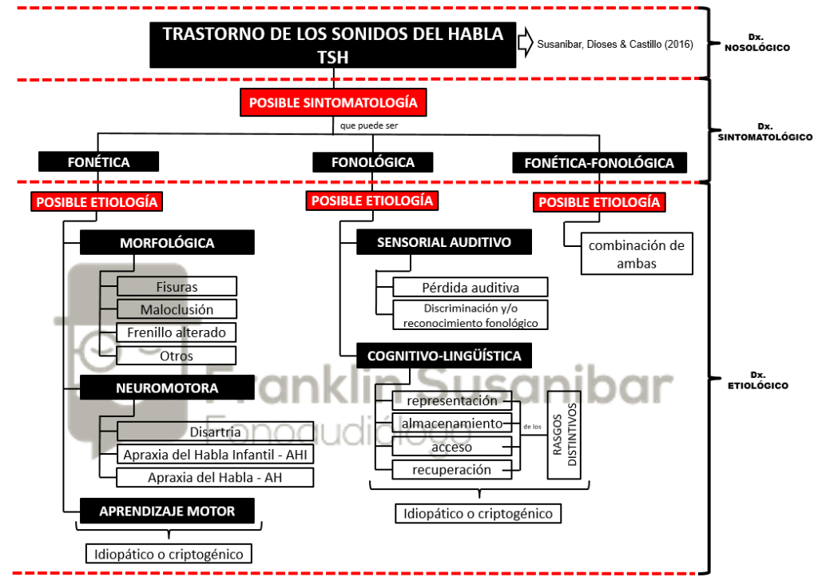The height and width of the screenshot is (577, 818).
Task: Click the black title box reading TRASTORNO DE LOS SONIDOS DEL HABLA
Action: pyautogui.click(x=333, y=45)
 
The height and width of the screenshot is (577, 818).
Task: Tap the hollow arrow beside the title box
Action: pyautogui.click(x=526, y=43)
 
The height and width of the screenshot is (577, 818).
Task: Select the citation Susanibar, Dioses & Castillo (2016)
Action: pyautogui.click(x=615, y=44)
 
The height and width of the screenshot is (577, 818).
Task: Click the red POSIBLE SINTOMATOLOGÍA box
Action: pyautogui.click(x=333, y=102)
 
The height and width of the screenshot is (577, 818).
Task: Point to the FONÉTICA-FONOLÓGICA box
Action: pyautogui.click(x=599, y=163)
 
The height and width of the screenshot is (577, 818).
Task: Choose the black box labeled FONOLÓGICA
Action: pyautogui.click(x=372, y=162)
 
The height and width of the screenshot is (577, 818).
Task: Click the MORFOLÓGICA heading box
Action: pyautogui.click(x=167, y=243)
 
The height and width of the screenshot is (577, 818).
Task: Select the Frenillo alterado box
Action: pyautogui.click(x=177, y=332)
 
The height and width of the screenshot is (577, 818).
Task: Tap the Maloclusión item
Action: pyautogui.click(x=177, y=309)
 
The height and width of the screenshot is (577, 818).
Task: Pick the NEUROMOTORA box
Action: pyautogui.click(x=167, y=388)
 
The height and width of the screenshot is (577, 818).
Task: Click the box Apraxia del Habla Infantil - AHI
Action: pyautogui.click(x=215, y=455)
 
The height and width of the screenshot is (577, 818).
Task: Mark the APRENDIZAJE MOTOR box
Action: pyautogui.click(x=167, y=511)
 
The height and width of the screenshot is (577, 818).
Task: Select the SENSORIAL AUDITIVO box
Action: pyautogui.click(x=444, y=242)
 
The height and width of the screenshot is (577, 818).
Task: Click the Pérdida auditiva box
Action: pyautogui.click(x=470, y=288)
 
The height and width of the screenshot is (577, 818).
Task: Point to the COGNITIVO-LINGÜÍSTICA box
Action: pyautogui.click(x=444, y=356)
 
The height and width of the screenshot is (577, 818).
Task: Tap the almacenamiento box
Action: pyautogui.click(x=452, y=423)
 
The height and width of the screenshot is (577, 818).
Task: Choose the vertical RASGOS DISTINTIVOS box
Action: pyautogui.click(x=564, y=435)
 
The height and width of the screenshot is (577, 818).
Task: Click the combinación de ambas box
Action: pyautogui.click(x=637, y=253)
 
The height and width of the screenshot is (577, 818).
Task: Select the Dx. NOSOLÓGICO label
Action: pyautogui.click(x=757, y=42)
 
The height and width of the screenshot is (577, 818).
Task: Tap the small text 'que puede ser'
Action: pyautogui.click(x=369, y=125)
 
